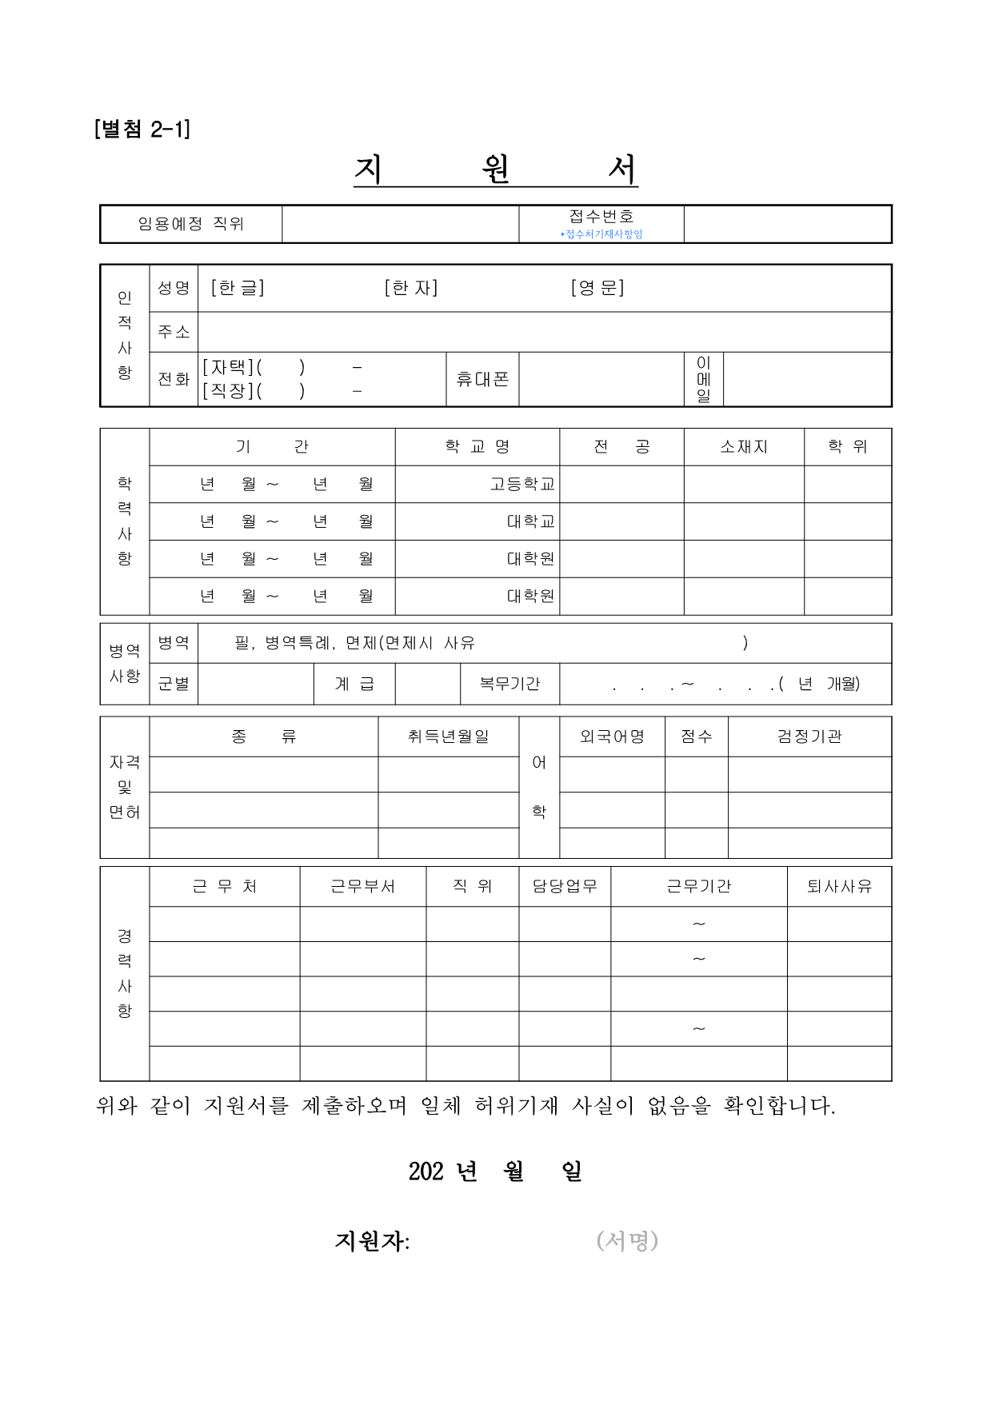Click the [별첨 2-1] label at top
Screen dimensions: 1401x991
[x=142, y=129]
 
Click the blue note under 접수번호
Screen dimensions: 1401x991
[x=601, y=234]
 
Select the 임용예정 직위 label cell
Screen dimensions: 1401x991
[x=190, y=224]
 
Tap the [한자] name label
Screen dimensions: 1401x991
[x=411, y=288]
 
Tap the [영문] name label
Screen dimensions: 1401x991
[x=597, y=288]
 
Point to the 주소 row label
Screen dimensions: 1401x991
[x=174, y=332]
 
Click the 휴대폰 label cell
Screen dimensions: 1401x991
[x=482, y=379]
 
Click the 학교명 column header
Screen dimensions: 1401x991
[x=478, y=447]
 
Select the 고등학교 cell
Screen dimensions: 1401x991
[x=522, y=485]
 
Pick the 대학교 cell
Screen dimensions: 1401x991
[x=530, y=521]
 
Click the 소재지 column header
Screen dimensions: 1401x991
[x=744, y=447]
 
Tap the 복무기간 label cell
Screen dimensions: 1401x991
[x=509, y=684]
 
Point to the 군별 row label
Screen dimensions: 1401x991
[x=174, y=684]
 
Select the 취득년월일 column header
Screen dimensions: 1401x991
[x=448, y=736]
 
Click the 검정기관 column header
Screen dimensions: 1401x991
[x=809, y=736]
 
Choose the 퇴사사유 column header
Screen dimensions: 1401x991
[x=839, y=886]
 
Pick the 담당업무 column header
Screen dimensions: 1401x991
[x=565, y=886]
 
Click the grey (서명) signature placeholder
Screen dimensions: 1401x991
[x=627, y=1240]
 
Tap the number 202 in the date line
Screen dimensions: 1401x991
[x=426, y=1171]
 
